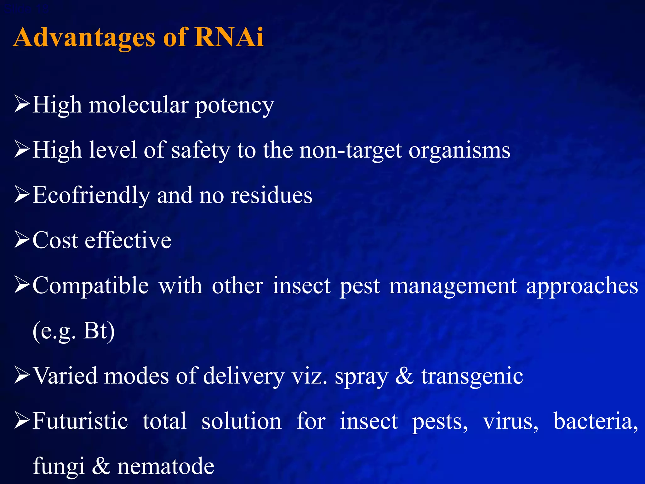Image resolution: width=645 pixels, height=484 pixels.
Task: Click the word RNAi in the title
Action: pos(229,37)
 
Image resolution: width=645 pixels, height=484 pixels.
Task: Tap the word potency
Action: pos(235,106)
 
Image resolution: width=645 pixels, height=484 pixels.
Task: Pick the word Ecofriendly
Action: pos(91,195)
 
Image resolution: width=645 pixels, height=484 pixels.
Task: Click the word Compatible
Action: pos(91,286)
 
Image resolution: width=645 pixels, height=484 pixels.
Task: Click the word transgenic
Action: pos(472,377)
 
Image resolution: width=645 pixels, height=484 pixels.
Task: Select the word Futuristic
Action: pos(80,421)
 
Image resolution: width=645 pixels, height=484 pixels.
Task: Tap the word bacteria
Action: pos(595,421)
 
